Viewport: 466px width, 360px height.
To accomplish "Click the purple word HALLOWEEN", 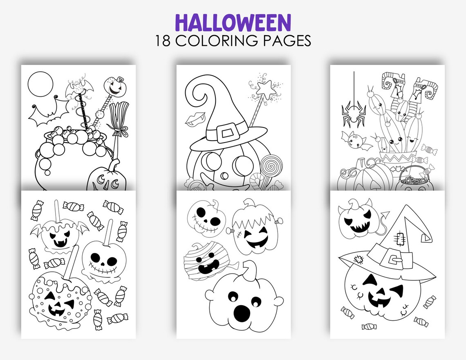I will (x=233, y=23).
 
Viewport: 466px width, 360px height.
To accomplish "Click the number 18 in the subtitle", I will (x=164, y=41).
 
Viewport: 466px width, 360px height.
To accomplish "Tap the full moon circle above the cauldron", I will (x=40, y=84).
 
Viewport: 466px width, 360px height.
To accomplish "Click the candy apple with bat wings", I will (x=60, y=236).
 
